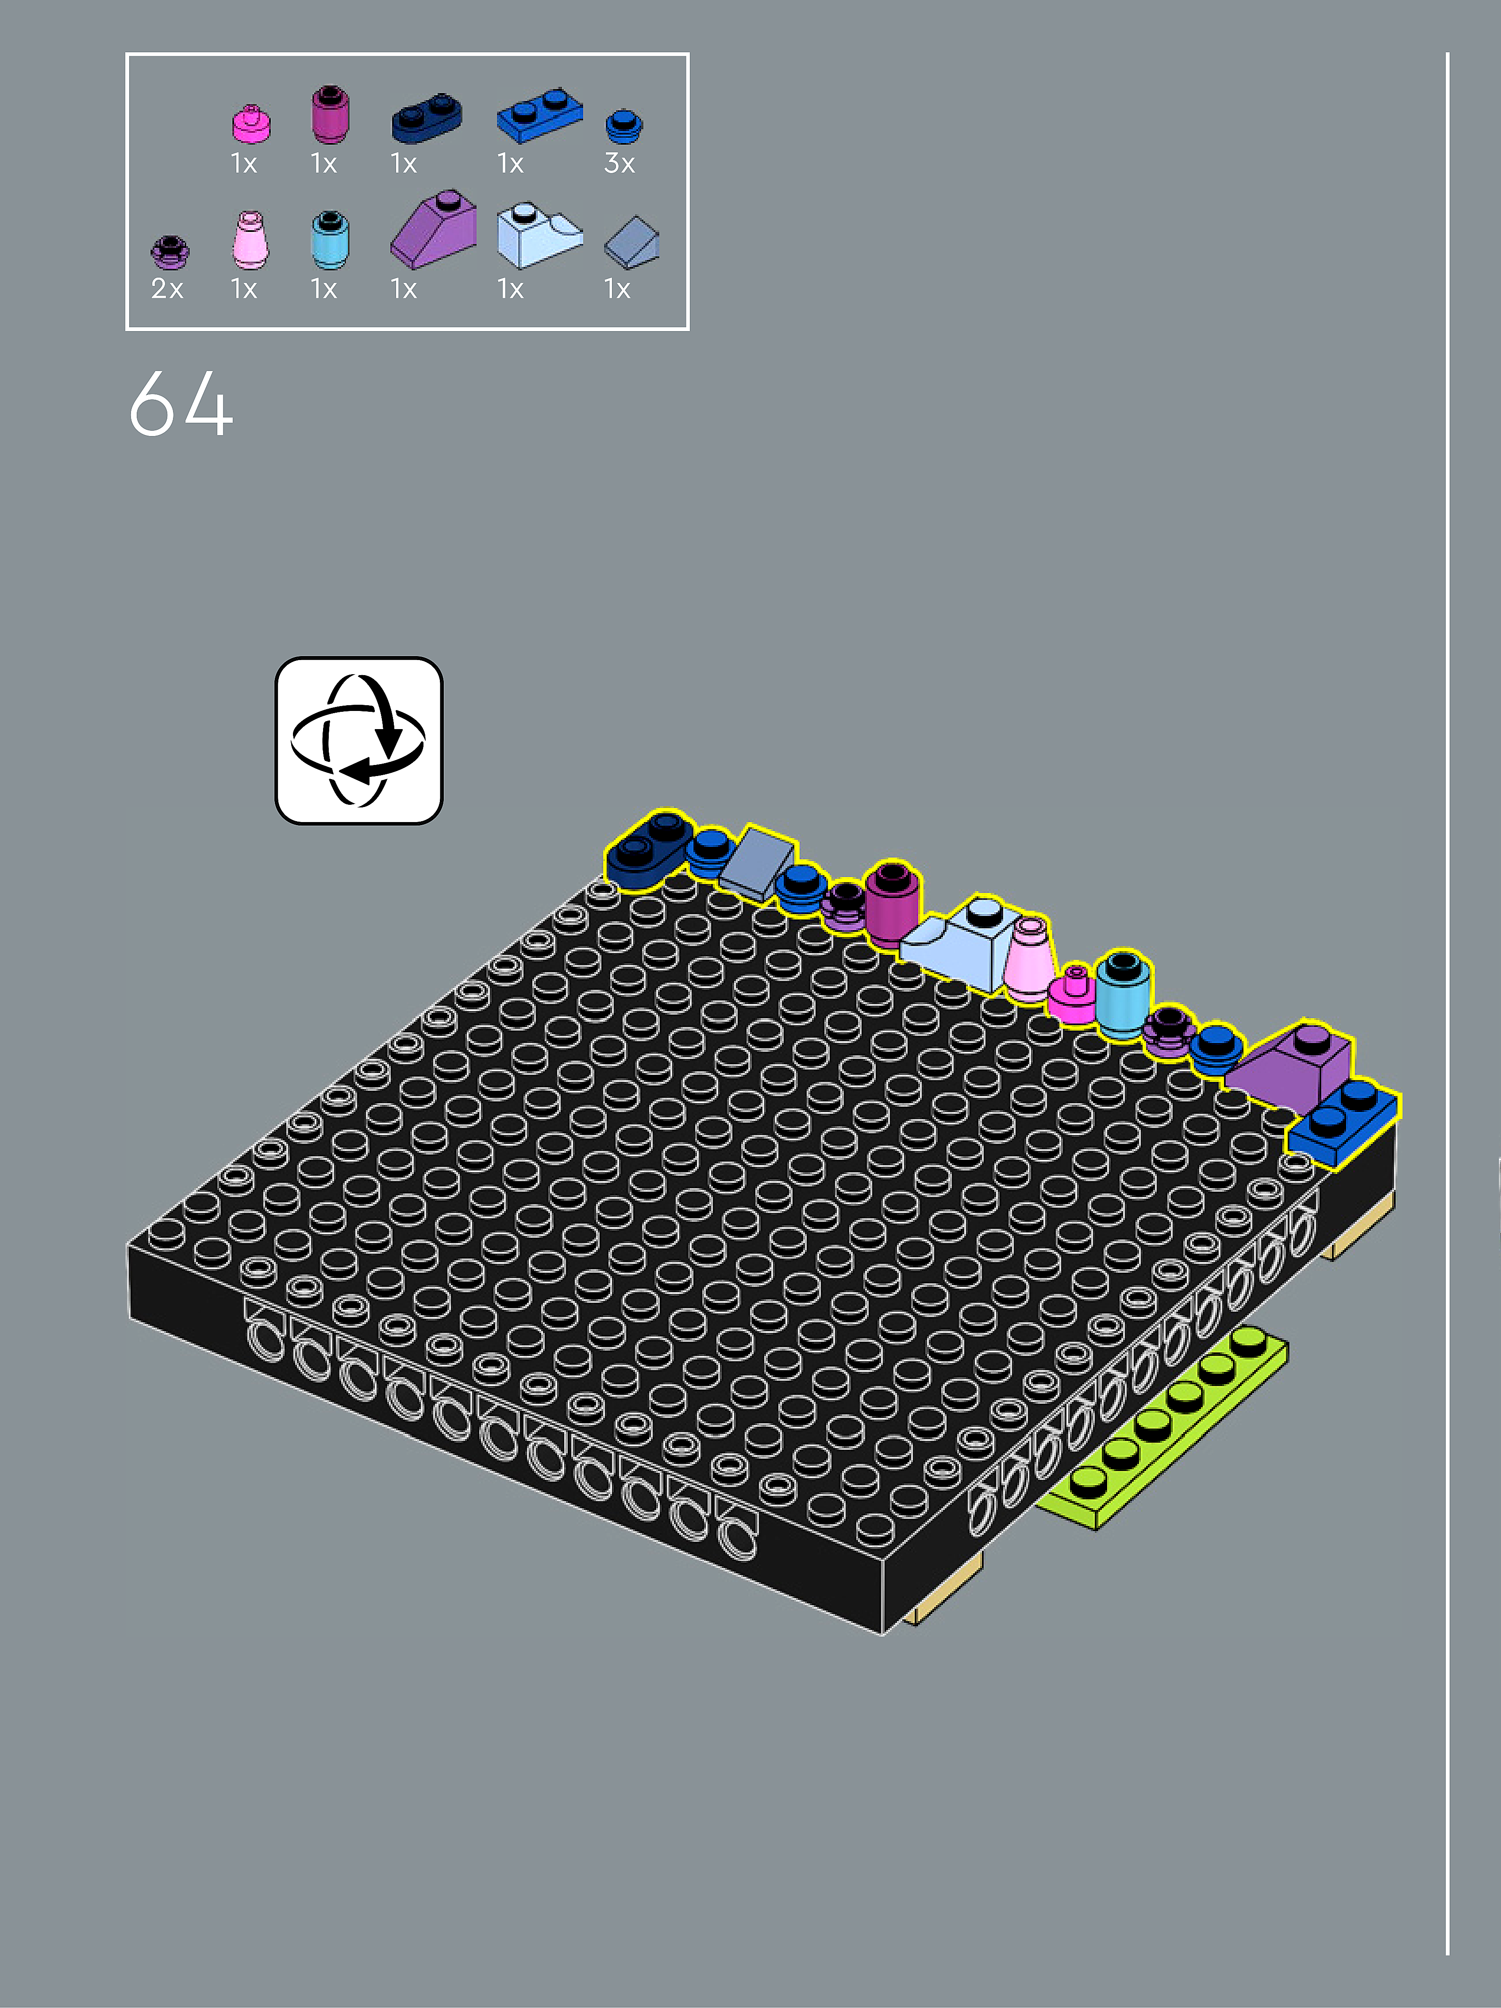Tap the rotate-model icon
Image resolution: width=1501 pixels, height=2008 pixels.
pos(358,741)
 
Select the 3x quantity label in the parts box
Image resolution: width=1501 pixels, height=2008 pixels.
pos(620,163)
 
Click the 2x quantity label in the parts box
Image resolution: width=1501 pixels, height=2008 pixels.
pos(167,289)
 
